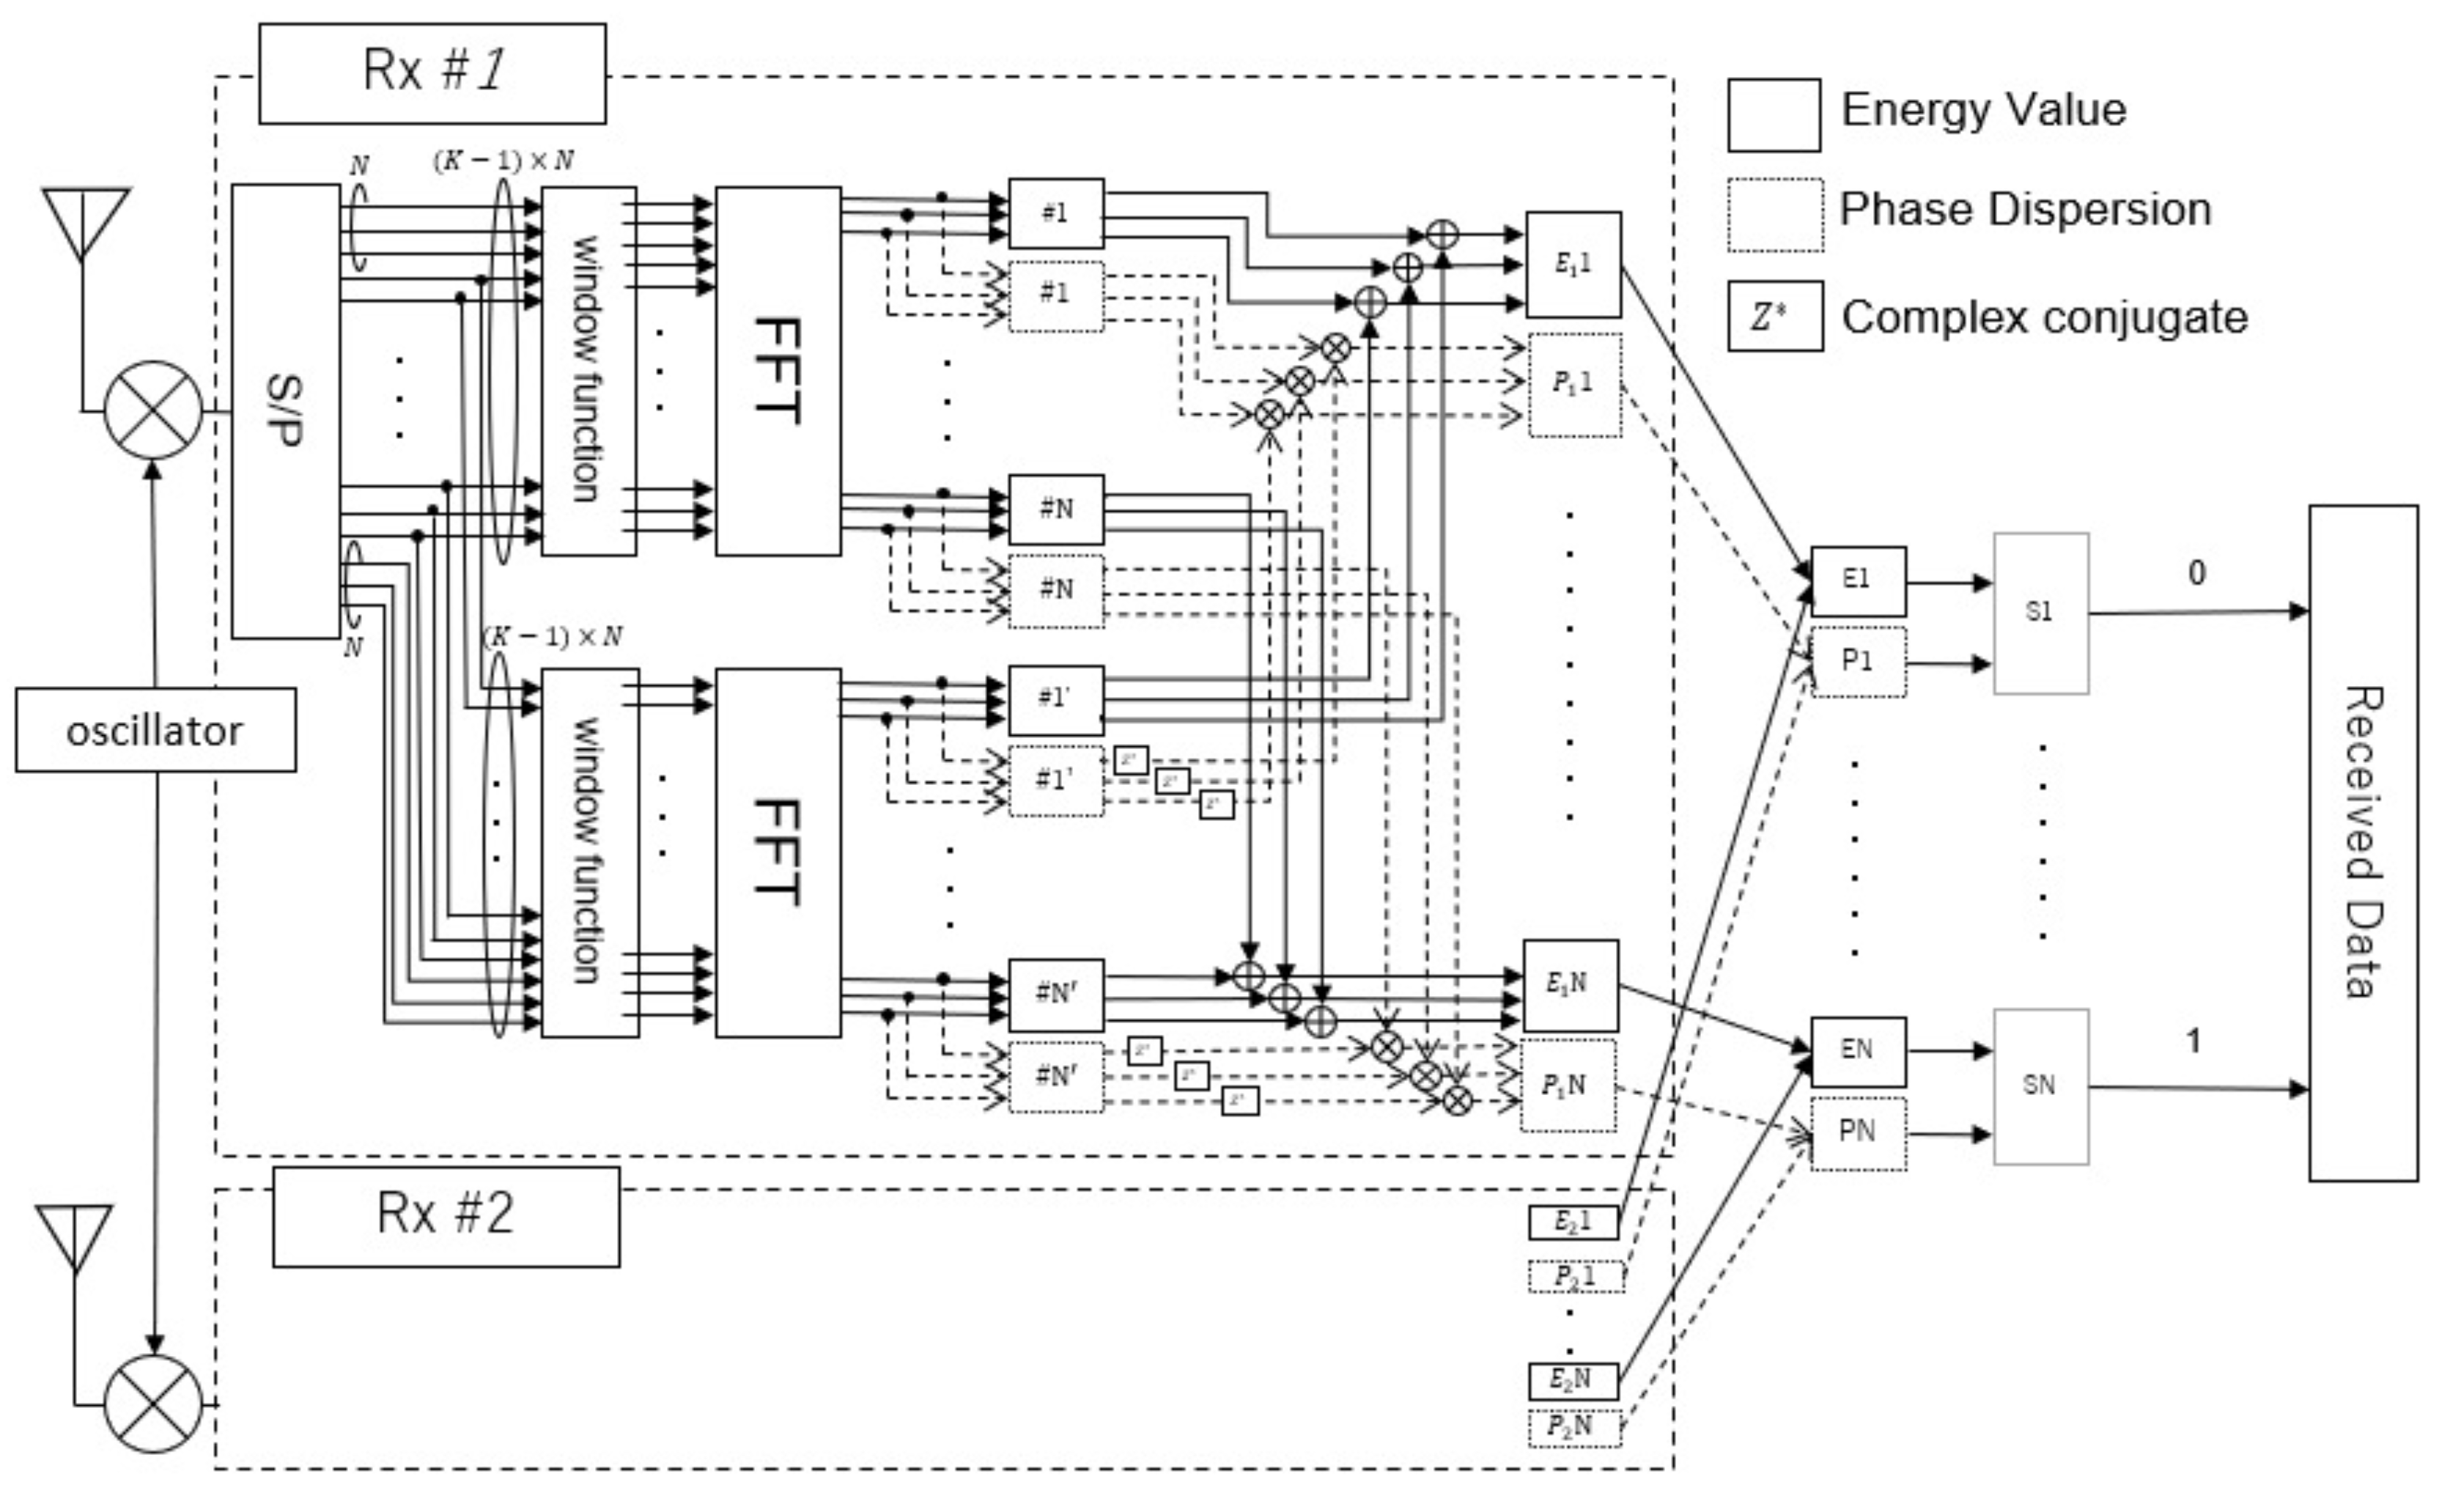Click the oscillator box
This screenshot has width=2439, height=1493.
[x=155, y=731]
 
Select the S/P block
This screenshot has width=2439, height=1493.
[x=286, y=411]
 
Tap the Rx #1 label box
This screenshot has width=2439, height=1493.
[x=432, y=74]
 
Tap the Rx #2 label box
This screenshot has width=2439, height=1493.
[x=446, y=1216]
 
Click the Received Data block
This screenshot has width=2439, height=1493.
[x=2363, y=843]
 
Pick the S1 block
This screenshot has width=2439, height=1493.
[x=2040, y=613]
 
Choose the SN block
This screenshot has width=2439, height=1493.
[x=2040, y=1086]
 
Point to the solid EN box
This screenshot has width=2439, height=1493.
[x=1857, y=1050]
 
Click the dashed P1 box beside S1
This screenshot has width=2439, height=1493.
[x=1858, y=661]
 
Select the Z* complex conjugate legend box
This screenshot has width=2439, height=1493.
[x=1775, y=317]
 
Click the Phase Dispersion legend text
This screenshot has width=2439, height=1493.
[x=2024, y=210]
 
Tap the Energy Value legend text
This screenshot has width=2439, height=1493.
[x=1982, y=110]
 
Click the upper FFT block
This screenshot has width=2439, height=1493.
[x=778, y=372]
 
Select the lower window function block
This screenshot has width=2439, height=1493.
[x=590, y=852]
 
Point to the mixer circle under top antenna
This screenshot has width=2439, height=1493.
[x=153, y=410]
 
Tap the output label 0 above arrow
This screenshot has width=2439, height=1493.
[x=2196, y=572]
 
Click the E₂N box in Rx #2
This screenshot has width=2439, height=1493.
[x=1573, y=1379]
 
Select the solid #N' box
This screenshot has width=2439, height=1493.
[x=1056, y=993]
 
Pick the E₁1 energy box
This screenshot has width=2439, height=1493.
[x=1573, y=265]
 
